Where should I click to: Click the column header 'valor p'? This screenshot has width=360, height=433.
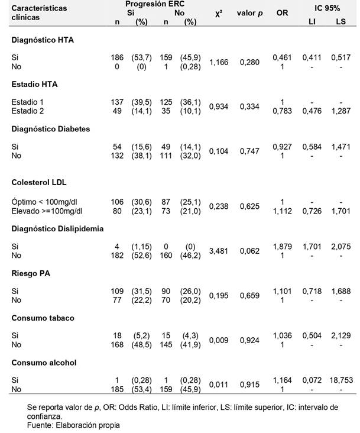click(x=250, y=13)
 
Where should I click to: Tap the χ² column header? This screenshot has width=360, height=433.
click(x=218, y=13)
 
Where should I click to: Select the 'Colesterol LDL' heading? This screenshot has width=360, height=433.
click(x=37, y=182)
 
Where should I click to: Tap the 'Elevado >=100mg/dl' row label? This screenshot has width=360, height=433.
click(x=48, y=210)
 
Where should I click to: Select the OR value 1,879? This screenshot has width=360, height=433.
click(x=282, y=245)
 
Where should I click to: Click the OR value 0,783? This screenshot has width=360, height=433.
click(x=282, y=111)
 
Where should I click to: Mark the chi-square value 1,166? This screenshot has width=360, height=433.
click(x=219, y=61)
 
